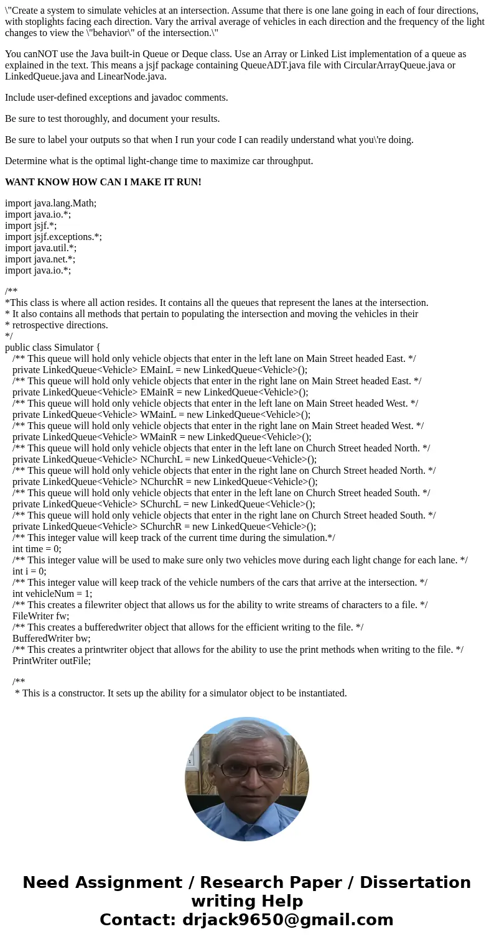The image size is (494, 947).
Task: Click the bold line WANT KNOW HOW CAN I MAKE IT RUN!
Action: point(103,182)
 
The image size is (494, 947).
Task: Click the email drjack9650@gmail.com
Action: point(287,920)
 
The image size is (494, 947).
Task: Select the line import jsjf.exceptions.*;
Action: point(54,237)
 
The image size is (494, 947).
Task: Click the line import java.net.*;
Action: point(40,259)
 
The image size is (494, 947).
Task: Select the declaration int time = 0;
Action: point(37,549)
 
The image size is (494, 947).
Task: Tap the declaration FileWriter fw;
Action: point(40,616)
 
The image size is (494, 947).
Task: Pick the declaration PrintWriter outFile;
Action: point(52,661)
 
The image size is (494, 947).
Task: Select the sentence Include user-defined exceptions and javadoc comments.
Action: point(116,98)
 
